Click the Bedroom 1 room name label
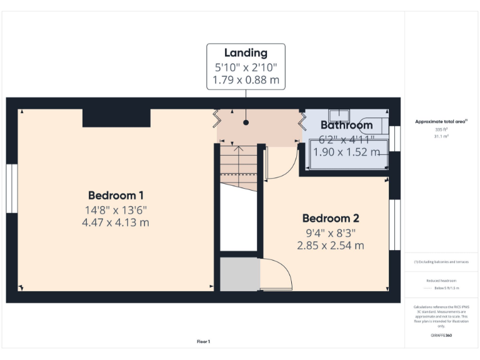[x=116, y=195]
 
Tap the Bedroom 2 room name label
[x=331, y=218]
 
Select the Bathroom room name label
[x=346, y=125]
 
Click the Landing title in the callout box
[x=246, y=53]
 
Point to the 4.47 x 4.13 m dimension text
[x=116, y=222]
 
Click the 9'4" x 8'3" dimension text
[x=331, y=232]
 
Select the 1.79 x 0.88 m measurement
[x=246, y=80]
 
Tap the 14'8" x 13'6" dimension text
[x=116, y=209]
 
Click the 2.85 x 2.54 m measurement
[x=331, y=246]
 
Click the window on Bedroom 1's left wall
[x=11, y=188]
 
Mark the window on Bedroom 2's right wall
[x=394, y=224]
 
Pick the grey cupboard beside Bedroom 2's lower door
[x=239, y=274]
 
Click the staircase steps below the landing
[x=238, y=167]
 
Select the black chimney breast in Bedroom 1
[x=116, y=117]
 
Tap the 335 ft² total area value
[x=441, y=129]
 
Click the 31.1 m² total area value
[x=441, y=136]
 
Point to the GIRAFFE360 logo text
[x=441, y=336]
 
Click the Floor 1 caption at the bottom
[x=203, y=341]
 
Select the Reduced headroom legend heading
[x=441, y=281]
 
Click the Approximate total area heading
[x=441, y=121]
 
